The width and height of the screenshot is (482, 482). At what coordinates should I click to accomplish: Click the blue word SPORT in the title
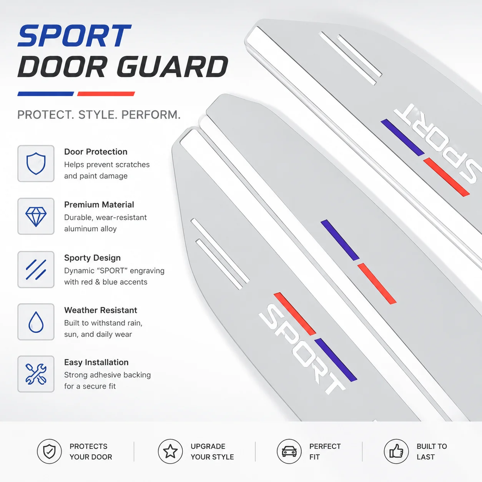pos(74,35)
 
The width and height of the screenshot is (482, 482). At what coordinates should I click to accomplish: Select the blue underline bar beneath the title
pos(46,94)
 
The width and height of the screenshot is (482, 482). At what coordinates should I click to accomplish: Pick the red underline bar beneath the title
pos(106,94)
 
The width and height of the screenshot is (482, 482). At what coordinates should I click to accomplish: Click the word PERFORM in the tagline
pos(151,115)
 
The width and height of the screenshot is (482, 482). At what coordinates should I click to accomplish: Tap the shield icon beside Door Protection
pos(36,163)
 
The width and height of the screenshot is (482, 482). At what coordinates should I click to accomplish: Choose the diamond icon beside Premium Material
pos(36,217)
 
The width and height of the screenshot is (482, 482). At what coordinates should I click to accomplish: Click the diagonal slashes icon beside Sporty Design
pos(36,269)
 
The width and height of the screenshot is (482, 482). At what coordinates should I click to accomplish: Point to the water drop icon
pos(36,322)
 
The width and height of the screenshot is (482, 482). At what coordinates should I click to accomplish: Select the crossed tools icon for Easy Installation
pos(36,374)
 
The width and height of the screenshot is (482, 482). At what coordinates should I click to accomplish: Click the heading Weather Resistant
pos(101,310)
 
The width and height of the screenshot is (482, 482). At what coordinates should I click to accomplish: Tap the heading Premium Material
pos(99,204)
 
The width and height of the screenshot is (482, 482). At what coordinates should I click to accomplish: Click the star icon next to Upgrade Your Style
pos(170,452)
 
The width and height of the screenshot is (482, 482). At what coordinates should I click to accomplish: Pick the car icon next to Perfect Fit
pos(289,452)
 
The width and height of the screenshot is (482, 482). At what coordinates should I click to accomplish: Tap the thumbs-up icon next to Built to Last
pos(396,452)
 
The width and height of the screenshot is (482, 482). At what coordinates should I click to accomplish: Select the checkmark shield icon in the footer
pos(49,452)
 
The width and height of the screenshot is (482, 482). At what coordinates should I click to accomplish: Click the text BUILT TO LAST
pos(432,452)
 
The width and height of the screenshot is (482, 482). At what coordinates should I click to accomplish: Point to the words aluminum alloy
pos(90,229)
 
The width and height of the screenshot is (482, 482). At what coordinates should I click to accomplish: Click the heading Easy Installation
pos(96,362)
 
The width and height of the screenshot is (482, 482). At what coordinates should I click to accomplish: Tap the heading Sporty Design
pos(92,258)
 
